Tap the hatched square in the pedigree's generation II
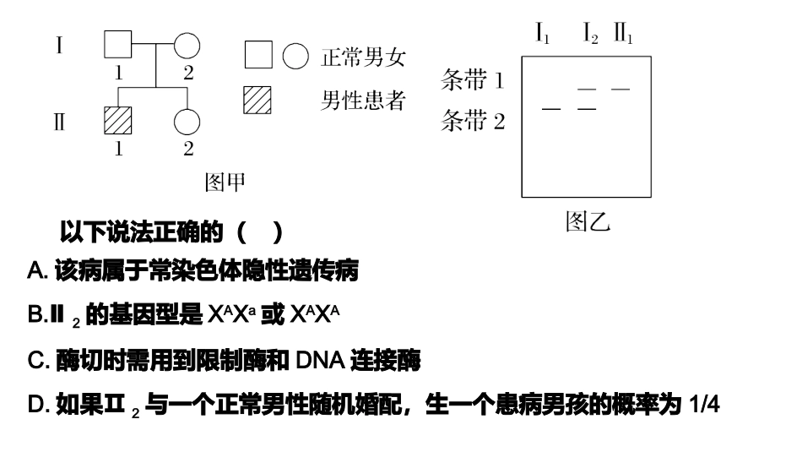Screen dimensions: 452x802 [119, 120]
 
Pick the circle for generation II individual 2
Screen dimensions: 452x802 [187, 120]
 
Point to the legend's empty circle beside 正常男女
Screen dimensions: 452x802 [295, 57]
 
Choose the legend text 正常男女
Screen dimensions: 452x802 [363, 57]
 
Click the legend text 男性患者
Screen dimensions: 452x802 [363, 101]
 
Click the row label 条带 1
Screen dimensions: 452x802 [473, 81]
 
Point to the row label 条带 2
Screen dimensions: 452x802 [473, 123]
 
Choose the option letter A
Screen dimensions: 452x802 [35, 272]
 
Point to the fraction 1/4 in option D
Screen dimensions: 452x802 [703, 406]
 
